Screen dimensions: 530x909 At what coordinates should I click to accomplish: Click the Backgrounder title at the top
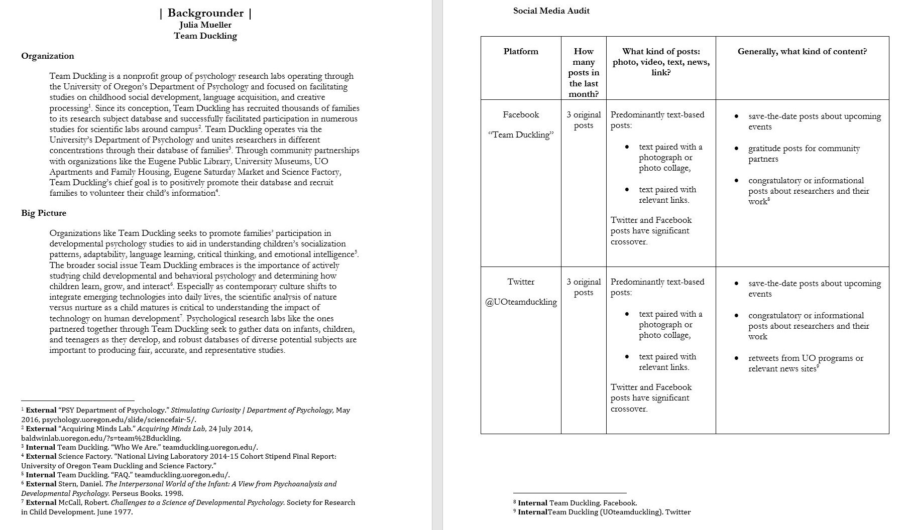[x=205, y=13]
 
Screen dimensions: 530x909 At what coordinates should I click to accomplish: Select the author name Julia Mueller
[x=205, y=25]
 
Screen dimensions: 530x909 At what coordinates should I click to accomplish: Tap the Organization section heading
[x=47, y=56]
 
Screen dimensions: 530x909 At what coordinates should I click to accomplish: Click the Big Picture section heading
[x=44, y=213]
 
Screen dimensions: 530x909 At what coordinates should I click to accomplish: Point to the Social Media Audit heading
[x=551, y=11]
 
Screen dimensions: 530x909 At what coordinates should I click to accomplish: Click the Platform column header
[x=521, y=51]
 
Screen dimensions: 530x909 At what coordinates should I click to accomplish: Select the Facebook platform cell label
[x=521, y=114]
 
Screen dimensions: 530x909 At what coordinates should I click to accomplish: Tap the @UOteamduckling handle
[x=521, y=302]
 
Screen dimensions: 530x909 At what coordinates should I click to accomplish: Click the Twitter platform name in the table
[x=521, y=282]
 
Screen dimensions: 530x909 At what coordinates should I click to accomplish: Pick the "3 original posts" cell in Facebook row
[x=584, y=120]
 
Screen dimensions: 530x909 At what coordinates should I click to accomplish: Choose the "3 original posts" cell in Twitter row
[x=584, y=287]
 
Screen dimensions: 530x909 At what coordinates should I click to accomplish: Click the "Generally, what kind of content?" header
[x=802, y=51]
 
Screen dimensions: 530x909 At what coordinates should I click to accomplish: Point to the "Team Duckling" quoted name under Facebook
[x=521, y=135]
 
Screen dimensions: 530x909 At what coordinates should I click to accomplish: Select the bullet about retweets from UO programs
[x=806, y=363]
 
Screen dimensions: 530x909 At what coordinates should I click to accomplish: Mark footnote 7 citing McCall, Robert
[x=188, y=507]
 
